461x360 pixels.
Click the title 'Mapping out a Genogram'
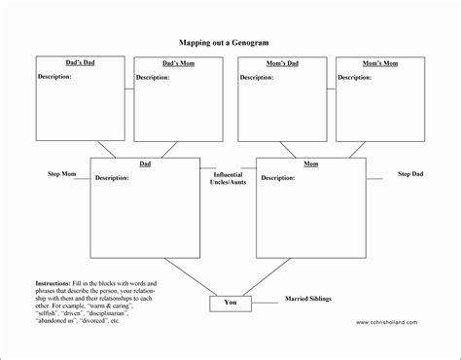(x=230, y=43)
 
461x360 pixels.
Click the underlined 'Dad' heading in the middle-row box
(x=145, y=164)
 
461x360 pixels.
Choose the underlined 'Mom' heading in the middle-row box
(x=311, y=164)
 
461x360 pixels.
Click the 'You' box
(x=230, y=303)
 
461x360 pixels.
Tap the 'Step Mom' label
(x=62, y=174)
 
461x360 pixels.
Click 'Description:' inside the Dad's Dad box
(x=55, y=76)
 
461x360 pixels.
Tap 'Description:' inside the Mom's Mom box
(x=357, y=77)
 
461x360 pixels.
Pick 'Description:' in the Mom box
(x=278, y=178)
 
